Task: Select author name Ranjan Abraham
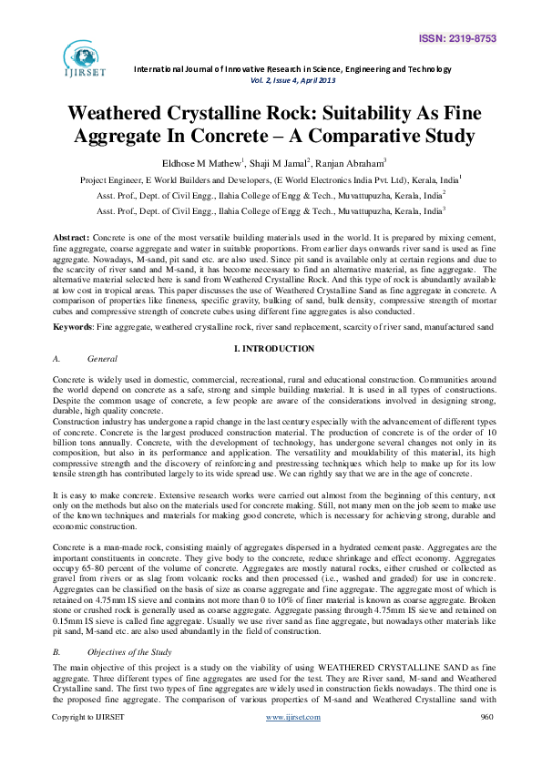(348, 162)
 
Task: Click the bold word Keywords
(75, 325)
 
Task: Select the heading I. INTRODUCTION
(274, 349)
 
